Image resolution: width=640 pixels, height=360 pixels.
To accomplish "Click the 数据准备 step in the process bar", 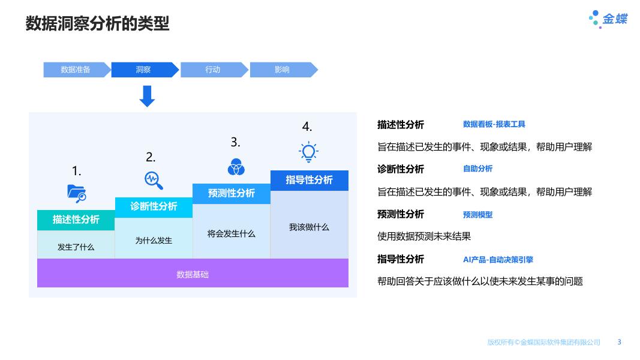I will [76, 70].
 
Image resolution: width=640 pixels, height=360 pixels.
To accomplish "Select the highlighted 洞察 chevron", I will [143, 70].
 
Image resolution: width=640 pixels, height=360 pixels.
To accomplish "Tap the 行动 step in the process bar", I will [213, 70].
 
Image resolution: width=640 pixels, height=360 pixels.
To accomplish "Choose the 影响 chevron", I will [282, 70].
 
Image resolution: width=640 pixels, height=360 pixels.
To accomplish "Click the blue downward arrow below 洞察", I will [147, 96].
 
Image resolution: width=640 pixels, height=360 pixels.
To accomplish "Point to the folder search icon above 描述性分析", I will [77, 193].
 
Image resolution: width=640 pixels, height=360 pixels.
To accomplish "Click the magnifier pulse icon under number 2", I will [154, 180].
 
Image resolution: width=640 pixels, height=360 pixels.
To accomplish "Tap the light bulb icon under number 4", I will [308, 152].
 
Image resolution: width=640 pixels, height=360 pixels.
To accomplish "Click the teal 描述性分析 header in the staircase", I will [76, 220].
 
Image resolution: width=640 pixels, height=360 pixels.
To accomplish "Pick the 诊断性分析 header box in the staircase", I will [154, 206].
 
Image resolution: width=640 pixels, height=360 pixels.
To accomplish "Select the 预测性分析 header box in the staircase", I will [232, 193].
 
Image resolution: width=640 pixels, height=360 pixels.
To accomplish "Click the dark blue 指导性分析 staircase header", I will [309, 180].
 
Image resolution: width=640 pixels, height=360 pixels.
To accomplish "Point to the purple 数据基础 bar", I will [193, 274].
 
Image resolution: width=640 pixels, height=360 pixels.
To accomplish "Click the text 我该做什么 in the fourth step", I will [309, 227].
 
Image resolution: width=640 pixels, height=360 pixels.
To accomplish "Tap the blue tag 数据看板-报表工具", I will [494, 124].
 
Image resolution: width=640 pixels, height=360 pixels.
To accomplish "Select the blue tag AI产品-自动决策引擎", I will [498, 260].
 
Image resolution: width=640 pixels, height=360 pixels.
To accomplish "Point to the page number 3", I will [620, 342].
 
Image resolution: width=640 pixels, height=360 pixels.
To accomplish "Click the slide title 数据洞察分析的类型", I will [97, 23].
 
